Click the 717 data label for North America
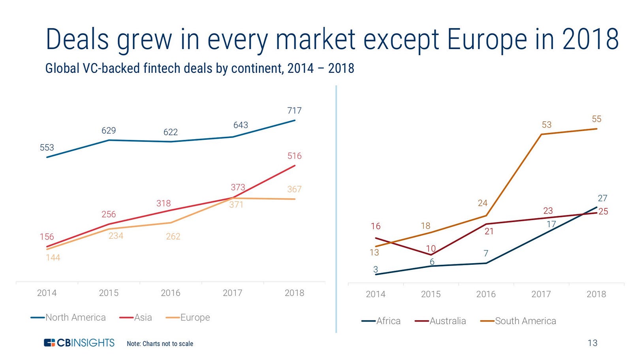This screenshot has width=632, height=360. pyautogui.click(x=294, y=111)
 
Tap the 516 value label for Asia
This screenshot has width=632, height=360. pyautogui.click(x=294, y=156)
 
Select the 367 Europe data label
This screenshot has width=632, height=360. pyautogui.click(x=294, y=189)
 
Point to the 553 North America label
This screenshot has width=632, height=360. pyautogui.click(x=47, y=148)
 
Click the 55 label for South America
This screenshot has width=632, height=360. pyautogui.click(x=596, y=119)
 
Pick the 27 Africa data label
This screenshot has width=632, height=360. pyautogui.click(x=602, y=198)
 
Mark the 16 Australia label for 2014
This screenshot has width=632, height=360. pyautogui.click(x=375, y=226)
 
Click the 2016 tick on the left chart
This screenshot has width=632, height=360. pyautogui.click(x=170, y=293)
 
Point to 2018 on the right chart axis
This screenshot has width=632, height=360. pyautogui.click(x=596, y=294)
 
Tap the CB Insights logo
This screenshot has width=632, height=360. pyautogui.click(x=79, y=343)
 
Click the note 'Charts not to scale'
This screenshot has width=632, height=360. pyautogui.click(x=160, y=344)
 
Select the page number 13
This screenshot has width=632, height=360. pyautogui.click(x=592, y=343)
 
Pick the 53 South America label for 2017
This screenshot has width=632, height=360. pyautogui.click(x=546, y=125)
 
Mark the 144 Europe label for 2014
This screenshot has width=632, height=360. pyautogui.click(x=53, y=258)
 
